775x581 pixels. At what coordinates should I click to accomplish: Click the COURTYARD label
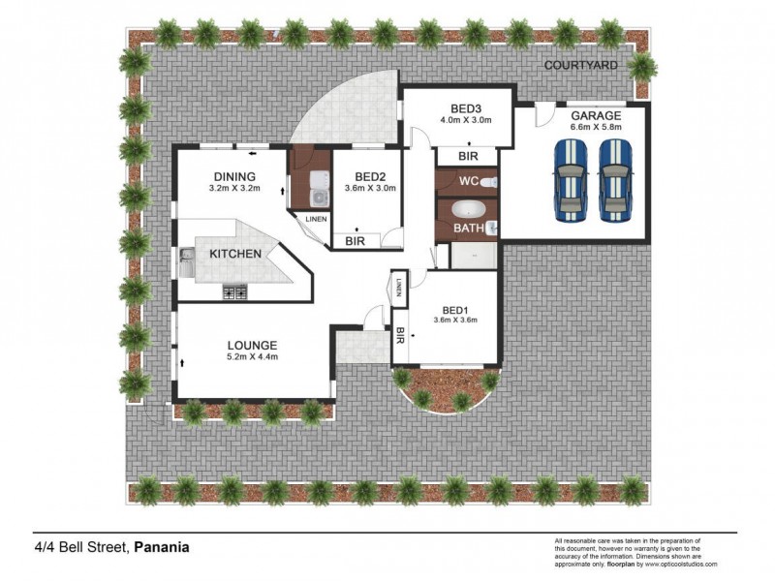pyautogui.click(x=581, y=66)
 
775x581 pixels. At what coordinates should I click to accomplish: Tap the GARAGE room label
pyautogui.click(x=596, y=115)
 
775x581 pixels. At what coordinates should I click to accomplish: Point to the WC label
pyautogui.click(x=469, y=181)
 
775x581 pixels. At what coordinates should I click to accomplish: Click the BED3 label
pyautogui.click(x=467, y=107)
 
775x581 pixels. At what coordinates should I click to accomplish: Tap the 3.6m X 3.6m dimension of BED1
pyautogui.click(x=454, y=320)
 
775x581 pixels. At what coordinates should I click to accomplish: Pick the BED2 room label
pyautogui.click(x=370, y=176)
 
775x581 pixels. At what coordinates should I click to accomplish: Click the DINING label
pyautogui.click(x=234, y=176)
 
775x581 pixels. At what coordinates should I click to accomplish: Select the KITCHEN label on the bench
pyautogui.click(x=235, y=254)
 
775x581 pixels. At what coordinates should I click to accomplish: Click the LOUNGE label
pyautogui.click(x=253, y=345)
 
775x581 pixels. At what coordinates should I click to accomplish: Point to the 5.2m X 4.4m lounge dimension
pyautogui.click(x=253, y=357)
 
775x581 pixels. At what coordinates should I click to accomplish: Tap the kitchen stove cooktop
pyautogui.click(x=234, y=290)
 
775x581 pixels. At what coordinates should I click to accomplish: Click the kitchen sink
pyautogui.click(x=186, y=260)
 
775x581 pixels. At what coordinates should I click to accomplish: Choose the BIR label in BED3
pyautogui.click(x=467, y=157)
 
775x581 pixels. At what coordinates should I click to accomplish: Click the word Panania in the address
pyautogui.click(x=161, y=547)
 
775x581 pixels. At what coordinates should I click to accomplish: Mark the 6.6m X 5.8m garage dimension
pyautogui.click(x=596, y=127)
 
